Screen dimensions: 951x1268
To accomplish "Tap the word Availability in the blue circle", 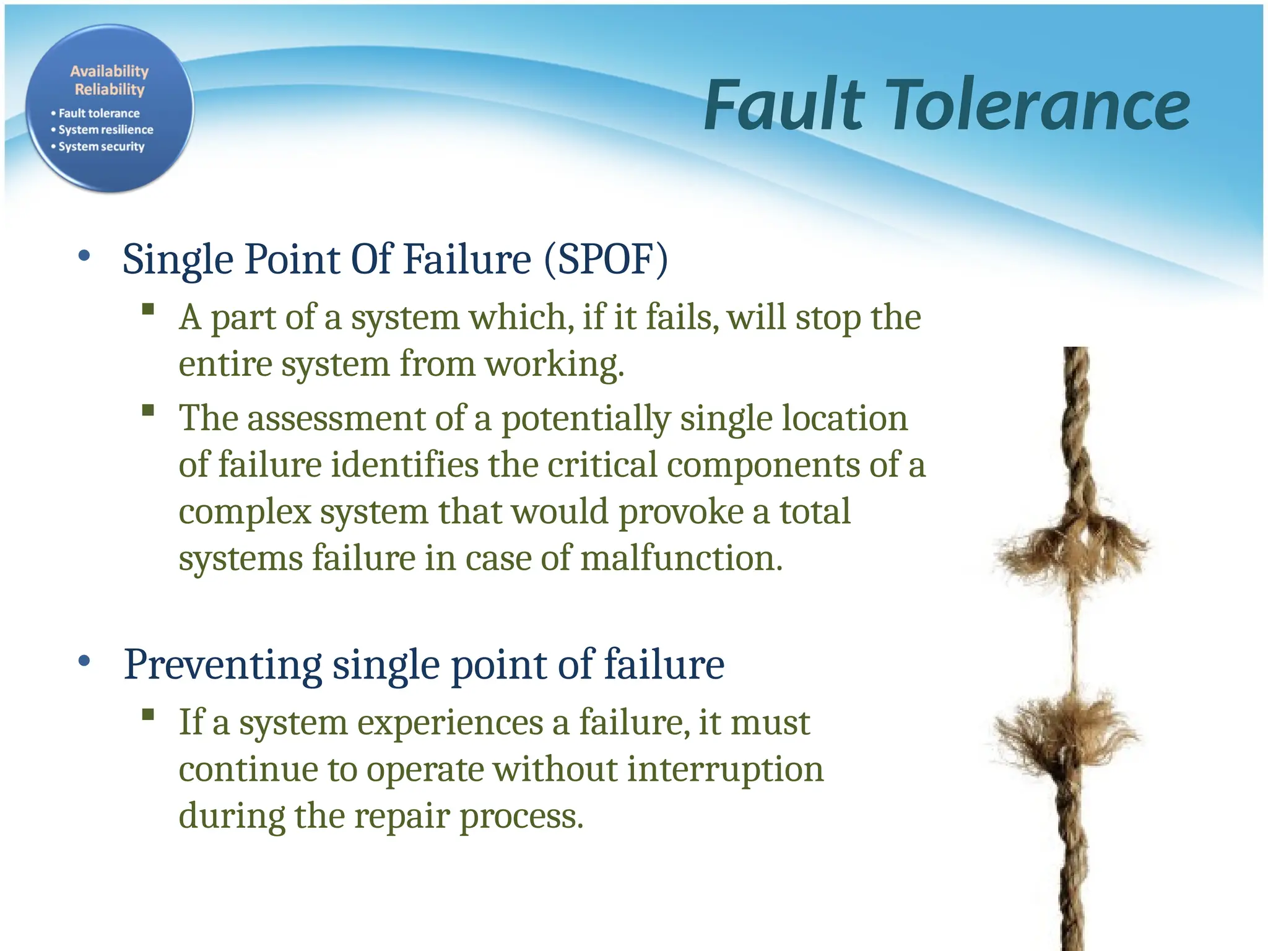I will [110, 71].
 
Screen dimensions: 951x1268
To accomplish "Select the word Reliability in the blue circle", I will [110, 90].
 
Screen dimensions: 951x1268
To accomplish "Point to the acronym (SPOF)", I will [606, 259].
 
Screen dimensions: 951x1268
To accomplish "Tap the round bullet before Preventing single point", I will [85, 661].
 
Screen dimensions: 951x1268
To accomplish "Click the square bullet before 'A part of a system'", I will [147, 309].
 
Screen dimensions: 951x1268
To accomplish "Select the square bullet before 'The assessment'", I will [147, 410].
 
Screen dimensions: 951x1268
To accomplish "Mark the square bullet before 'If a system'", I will [147, 715].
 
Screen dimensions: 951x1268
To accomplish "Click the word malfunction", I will [681, 558].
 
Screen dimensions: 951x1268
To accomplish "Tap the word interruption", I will [725, 770].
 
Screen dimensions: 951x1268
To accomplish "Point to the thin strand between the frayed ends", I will [1075, 638].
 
